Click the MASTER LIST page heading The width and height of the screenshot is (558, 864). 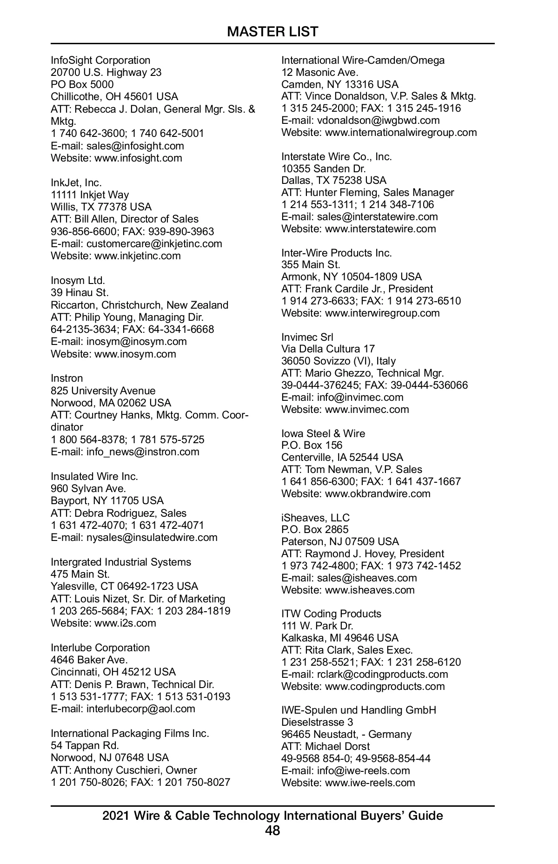(272, 32)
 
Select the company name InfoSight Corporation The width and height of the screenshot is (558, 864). (100, 60)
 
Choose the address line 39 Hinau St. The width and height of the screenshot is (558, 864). (80, 292)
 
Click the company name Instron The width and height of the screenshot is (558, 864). (67, 378)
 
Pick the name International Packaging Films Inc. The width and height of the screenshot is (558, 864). (130, 733)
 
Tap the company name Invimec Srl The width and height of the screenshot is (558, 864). (307, 337)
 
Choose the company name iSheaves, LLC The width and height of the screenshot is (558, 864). (315, 518)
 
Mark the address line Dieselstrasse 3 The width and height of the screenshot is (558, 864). (317, 722)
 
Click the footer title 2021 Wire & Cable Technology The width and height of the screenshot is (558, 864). (272, 815)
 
